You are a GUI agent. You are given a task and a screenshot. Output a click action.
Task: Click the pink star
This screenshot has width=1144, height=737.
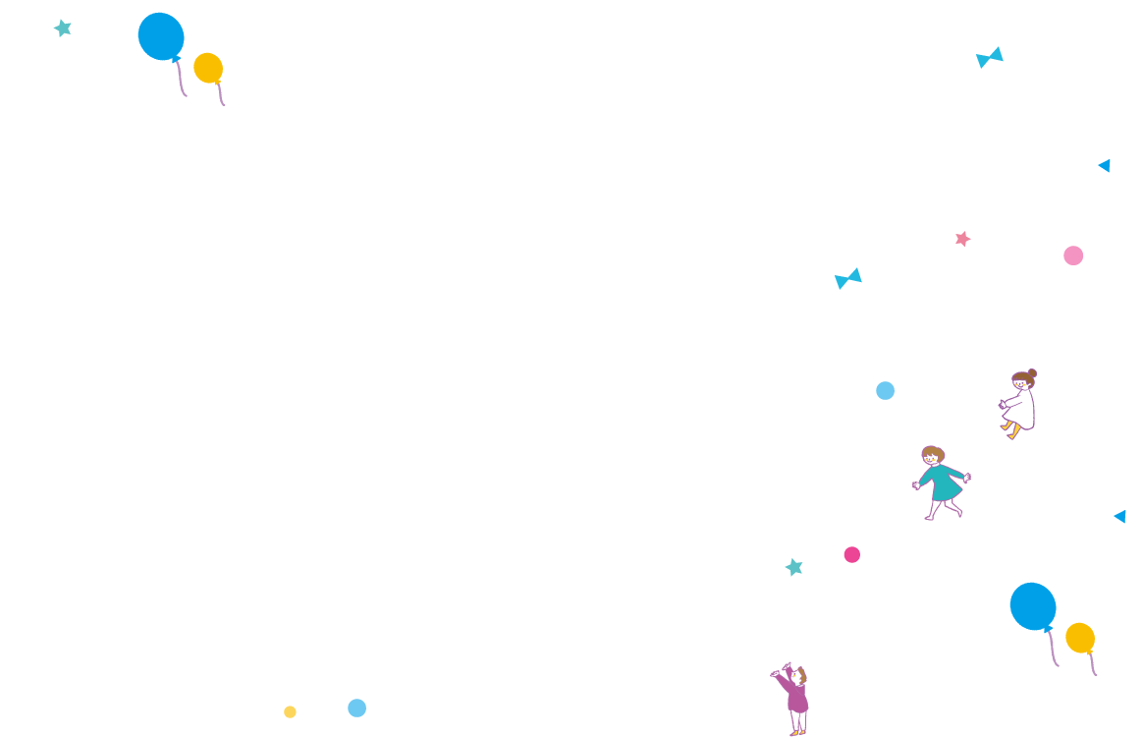pos(962,239)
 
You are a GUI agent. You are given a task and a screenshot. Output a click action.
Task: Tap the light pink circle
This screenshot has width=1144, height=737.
pos(1073,255)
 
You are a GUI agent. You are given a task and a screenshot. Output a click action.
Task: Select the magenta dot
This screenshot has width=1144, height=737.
pos(851,554)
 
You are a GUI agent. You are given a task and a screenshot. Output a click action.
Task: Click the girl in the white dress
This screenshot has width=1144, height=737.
pos(1020,404)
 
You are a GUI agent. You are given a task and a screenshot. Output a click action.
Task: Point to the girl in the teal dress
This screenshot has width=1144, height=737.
pos(941,482)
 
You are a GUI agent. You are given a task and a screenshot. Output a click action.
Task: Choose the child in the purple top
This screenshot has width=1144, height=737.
pos(796,700)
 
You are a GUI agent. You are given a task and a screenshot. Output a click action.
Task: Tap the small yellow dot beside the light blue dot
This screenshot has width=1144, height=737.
pos(290,711)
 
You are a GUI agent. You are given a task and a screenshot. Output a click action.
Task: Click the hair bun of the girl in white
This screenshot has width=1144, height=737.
pos(1031,373)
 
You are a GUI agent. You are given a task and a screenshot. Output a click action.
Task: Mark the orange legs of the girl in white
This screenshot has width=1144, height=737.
pos(1010,429)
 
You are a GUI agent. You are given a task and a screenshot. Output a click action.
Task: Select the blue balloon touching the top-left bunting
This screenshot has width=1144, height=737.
pos(161,36)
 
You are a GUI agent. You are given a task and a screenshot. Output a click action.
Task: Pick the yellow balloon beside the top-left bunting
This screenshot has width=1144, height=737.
pos(208,68)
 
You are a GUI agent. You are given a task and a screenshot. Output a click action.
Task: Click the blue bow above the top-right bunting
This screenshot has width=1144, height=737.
pos(990,57)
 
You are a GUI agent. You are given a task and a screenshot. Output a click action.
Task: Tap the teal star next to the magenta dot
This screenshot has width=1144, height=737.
pos(794,567)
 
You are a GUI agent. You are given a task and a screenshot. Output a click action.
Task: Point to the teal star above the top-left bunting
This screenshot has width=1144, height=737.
pos(63,28)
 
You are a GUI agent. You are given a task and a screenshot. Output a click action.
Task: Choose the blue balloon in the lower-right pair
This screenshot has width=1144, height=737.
pos(1033,606)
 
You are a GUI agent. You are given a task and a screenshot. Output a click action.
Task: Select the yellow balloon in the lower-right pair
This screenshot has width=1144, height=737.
pos(1080,638)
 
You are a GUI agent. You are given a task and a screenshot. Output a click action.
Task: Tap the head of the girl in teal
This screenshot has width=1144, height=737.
pos(932,456)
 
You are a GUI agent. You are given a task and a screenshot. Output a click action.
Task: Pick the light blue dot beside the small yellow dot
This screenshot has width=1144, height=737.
pos(356,708)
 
